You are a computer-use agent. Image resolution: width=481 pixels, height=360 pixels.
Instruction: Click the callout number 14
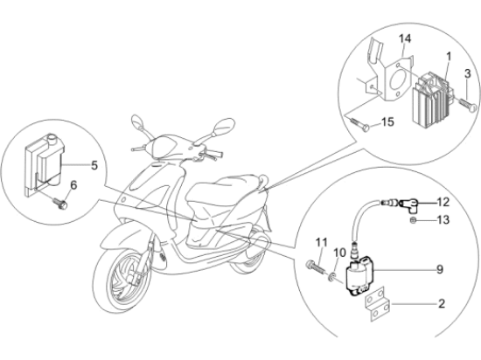pyautogui.click(x=405, y=39)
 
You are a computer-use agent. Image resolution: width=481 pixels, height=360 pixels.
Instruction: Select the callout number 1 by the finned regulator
pyautogui.click(x=448, y=57)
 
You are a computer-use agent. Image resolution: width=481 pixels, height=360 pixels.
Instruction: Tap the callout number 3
pyautogui.click(x=467, y=73)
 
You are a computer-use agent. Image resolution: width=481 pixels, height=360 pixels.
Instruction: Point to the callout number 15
pyautogui.click(x=387, y=122)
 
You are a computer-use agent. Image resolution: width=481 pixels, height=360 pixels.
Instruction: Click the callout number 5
pyautogui.click(x=94, y=165)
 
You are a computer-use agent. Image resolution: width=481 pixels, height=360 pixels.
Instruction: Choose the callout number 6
pyautogui.click(x=74, y=185)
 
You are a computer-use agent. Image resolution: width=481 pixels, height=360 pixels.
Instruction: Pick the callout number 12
pyautogui.click(x=443, y=202)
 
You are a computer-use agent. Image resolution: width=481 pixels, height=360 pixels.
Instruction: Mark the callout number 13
pyautogui.click(x=443, y=219)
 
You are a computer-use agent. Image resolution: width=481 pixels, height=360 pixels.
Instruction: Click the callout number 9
pyautogui.click(x=440, y=269)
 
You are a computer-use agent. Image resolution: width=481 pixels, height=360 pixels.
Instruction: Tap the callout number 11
pyautogui.click(x=322, y=242)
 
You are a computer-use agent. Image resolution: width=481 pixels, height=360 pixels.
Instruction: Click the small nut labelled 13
pyautogui.click(x=413, y=220)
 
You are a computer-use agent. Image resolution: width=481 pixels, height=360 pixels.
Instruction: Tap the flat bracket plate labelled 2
pyautogui.click(x=378, y=304)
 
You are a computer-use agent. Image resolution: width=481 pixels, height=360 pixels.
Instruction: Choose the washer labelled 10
pyautogui.click(x=331, y=278)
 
